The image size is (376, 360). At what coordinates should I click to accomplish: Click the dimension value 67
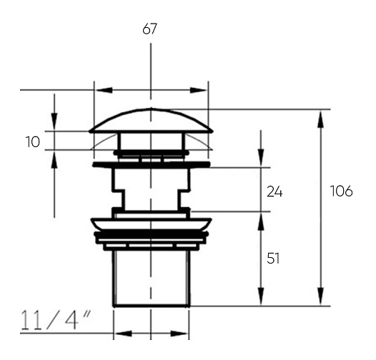149,29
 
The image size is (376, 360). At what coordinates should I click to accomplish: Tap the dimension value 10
33,142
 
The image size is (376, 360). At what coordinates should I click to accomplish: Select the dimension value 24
274,192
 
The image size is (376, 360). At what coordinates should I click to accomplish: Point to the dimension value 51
273,259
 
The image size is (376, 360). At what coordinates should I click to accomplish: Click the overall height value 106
342,191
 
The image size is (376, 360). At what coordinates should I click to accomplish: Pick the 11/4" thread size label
56,320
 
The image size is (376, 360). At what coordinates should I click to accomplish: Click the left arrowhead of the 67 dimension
104,90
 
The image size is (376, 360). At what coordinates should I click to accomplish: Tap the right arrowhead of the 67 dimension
198,90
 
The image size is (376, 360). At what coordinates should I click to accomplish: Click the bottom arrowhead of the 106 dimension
321,296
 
